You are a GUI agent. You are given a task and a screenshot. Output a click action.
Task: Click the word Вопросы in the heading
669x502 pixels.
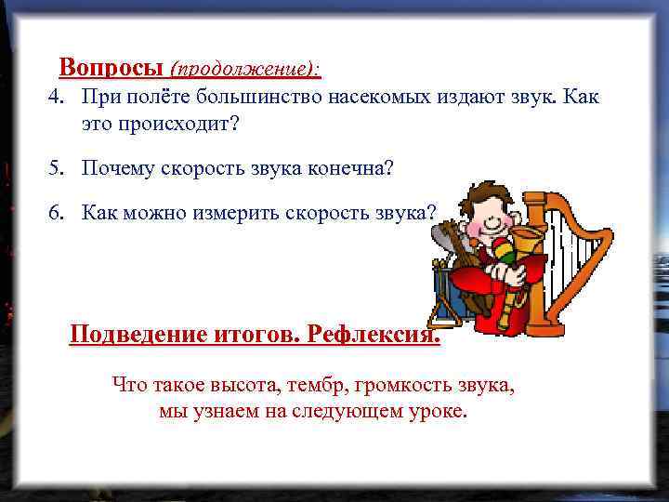point(111,67)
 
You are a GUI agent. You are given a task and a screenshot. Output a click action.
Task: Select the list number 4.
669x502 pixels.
point(57,97)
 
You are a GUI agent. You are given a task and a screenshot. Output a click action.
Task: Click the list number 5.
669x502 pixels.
point(57,168)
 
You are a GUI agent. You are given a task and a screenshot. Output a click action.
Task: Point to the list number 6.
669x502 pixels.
point(57,212)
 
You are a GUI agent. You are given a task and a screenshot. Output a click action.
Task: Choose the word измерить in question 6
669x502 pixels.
point(227,212)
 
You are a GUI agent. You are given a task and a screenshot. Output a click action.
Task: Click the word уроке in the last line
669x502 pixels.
point(437,410)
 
